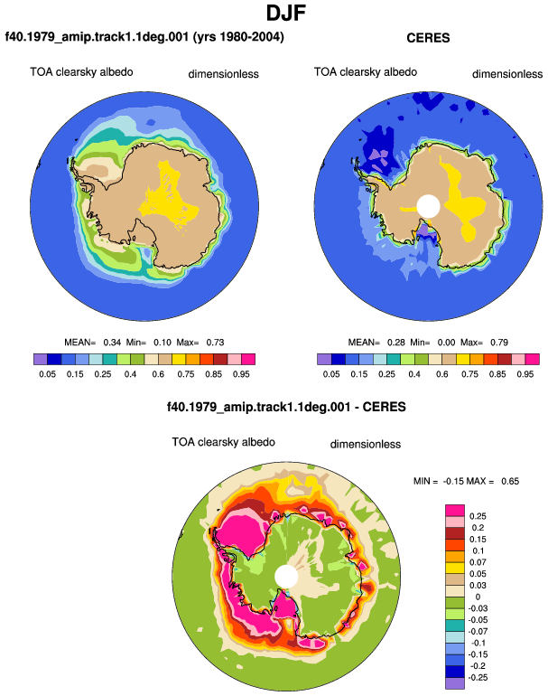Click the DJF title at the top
coord(286,13)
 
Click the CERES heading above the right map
coord(428,38)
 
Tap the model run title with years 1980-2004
coord(144,36)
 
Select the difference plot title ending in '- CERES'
coord(286,407)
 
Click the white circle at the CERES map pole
coord(428,206)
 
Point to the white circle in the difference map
coord(286,576)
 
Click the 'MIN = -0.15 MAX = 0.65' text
coord(466,481)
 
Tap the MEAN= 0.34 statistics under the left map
coord(144,343)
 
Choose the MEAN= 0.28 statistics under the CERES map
coord(428,343)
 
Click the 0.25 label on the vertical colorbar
coord(478,516)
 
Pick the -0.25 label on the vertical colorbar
coord(477,677)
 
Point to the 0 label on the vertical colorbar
coord(478,597)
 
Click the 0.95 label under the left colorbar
coord(241,373)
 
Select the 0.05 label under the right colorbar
coord(331,373)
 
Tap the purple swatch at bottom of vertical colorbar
coord(455,683)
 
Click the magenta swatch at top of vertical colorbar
coord(455,511)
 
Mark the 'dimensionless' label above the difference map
coord(366,445)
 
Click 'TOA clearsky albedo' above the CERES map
coord(366,72)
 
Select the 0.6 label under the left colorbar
coord(158,373)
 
